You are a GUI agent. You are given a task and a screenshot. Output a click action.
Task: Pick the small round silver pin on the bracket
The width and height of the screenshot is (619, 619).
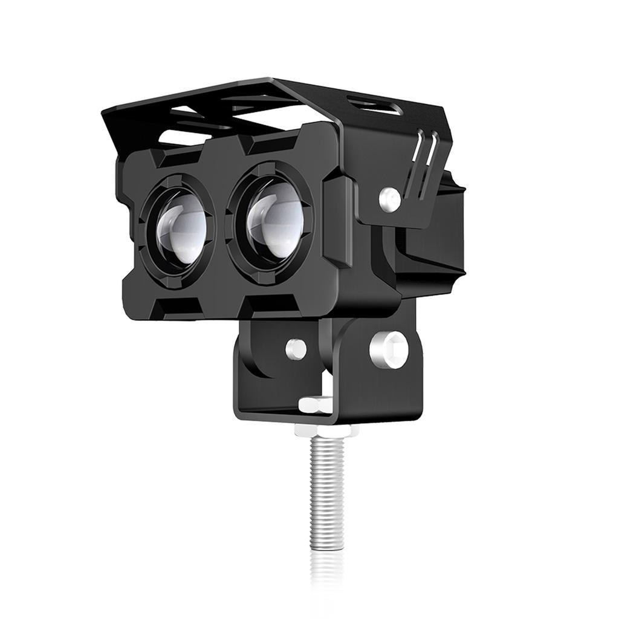pyautogui.click(x=296, y=347)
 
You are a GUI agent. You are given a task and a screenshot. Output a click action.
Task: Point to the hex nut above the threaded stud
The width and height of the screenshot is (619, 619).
pyautogui.click(x=325, y=430)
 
